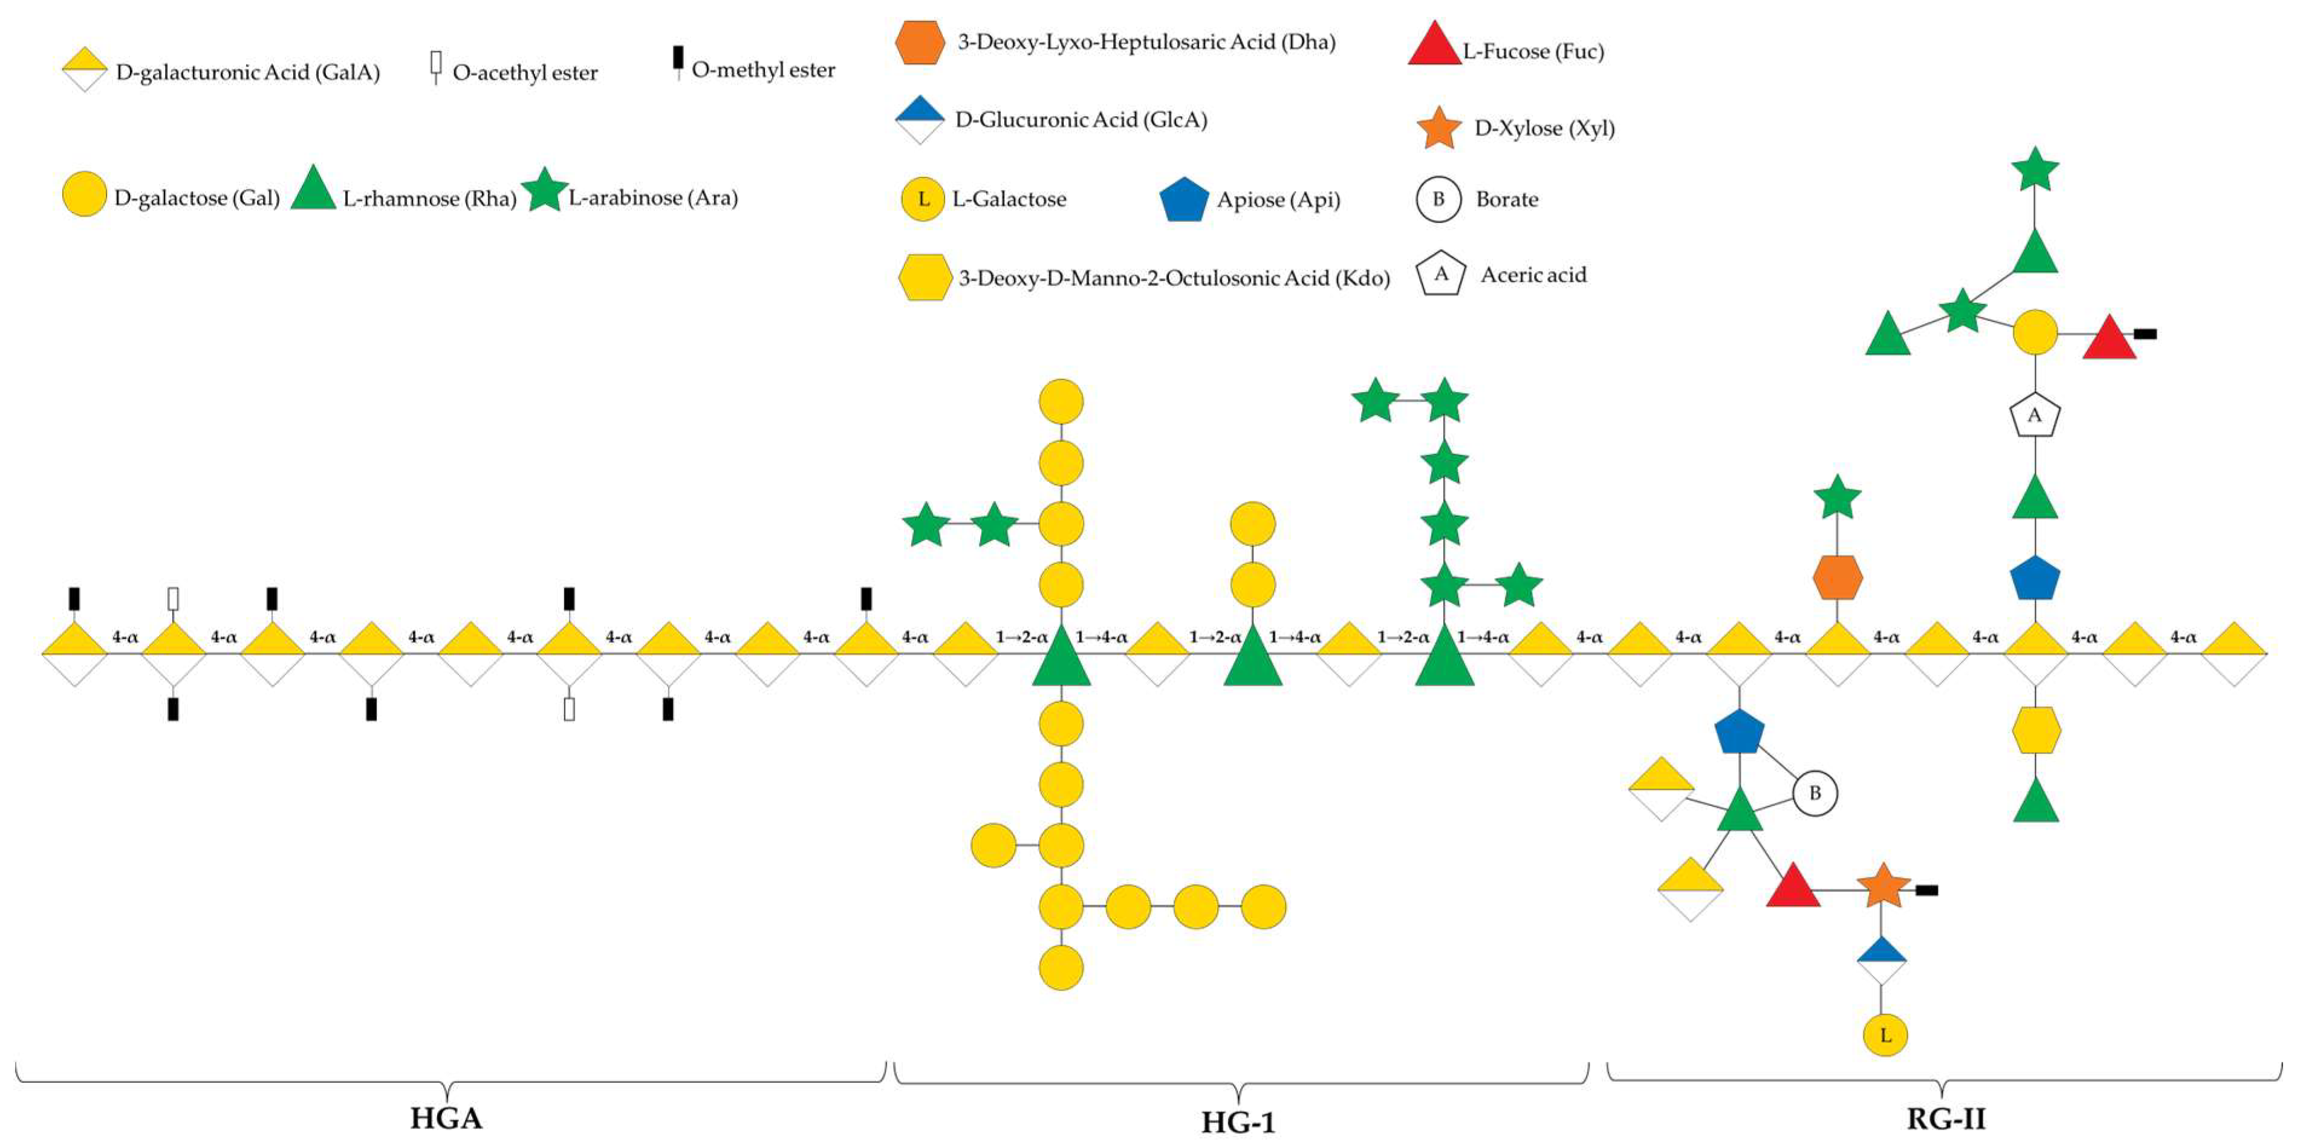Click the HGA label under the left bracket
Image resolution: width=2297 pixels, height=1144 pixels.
[x=446, y=1117]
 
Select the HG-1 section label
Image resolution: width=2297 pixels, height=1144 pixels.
[x=1238, y=1122]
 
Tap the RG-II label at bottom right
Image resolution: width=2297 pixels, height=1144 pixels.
[x=1946, y=1118]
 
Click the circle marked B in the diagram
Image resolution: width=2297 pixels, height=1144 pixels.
[x=1815, y=793]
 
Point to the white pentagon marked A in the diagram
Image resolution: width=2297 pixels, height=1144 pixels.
[x=2035, y=415]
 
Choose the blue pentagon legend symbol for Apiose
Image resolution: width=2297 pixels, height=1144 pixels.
[x=1184, y=199]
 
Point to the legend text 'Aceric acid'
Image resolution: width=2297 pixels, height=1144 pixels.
[x=1534, y=275]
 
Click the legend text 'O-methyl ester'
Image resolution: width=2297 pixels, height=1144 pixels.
[x=763, y=70]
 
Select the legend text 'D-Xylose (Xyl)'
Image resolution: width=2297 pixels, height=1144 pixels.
[x=1544, y=128]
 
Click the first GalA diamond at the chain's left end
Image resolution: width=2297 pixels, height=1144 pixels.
[x=75, y=654]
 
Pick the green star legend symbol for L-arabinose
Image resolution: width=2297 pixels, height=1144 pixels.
[x=544, y=190]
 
